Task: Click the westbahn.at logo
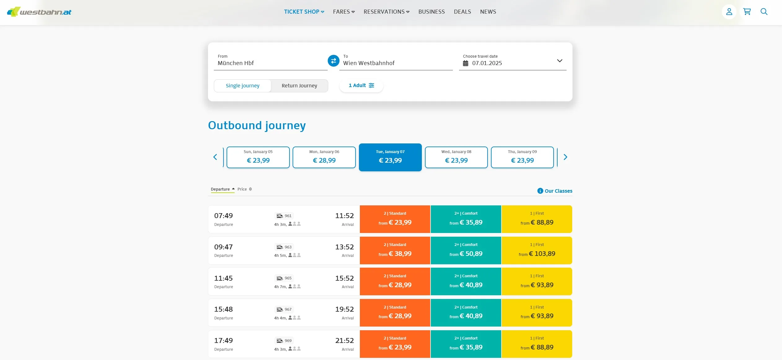[39, 12]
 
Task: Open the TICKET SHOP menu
[304, 12]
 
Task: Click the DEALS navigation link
[462, 12]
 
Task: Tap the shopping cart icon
[747, 12]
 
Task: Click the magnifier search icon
[764, 12]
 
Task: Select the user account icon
[729, 12]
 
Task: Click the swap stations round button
[334, 61]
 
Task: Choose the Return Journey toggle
[299, 86]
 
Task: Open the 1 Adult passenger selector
[361, 86]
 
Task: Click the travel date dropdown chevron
[559, 61]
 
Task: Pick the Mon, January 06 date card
[324, 157]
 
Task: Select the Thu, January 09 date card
[522, 157]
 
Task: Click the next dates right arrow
[565, 157]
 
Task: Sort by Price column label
[242, 189]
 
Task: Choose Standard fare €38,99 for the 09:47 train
[395, 250]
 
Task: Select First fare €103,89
[537, 250]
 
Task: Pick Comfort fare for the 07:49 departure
[466, 219]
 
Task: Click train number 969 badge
[284, 341]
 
